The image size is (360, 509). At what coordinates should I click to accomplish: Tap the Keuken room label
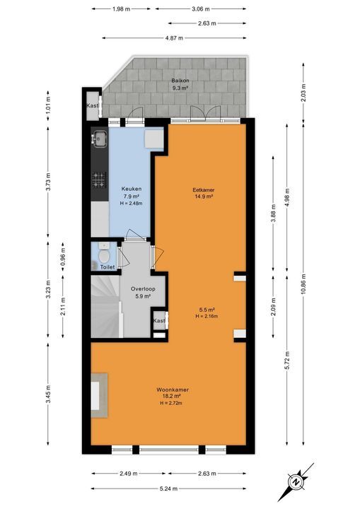tap(131, 189)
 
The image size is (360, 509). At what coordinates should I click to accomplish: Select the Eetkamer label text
tap(203, 189)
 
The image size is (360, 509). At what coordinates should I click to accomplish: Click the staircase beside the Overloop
tap(105, 304)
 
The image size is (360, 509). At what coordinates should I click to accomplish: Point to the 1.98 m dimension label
tap(122, 9)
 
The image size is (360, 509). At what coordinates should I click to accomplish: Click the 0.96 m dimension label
tap(62, 255)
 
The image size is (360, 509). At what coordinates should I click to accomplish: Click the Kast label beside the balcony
tap(92, 106)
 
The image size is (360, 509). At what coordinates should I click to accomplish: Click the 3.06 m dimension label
tap(202, 9)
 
